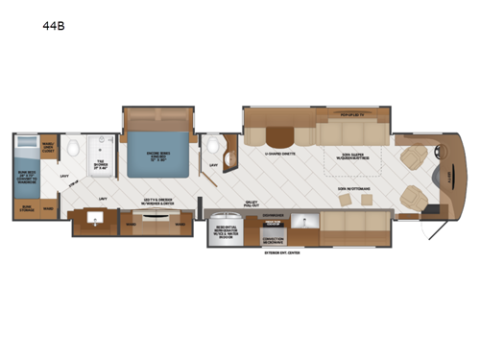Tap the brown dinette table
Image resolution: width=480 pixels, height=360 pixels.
tap(280, 134)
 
